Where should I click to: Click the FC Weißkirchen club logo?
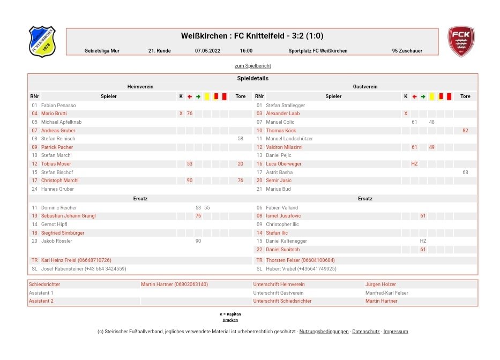[42, 41]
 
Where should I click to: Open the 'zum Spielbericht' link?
[252, 66]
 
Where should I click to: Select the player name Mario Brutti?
[54, 114]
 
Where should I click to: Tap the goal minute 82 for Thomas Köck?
[465, 131]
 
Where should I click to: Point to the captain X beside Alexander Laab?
[406, 114]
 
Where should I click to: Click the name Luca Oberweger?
[283, 164]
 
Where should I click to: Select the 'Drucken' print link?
[230, 320]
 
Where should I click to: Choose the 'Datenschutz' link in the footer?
[365, 332]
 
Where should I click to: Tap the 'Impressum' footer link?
[395, 332]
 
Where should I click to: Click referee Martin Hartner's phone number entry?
[174, 284]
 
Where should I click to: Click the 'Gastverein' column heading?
[365, 86]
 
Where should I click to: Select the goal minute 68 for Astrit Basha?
[465, 172]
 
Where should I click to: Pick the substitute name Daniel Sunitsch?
[282, 250]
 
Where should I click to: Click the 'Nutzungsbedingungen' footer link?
[323, 332]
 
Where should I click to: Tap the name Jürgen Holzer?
[380, 284]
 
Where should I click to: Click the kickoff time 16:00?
[246, 51]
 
